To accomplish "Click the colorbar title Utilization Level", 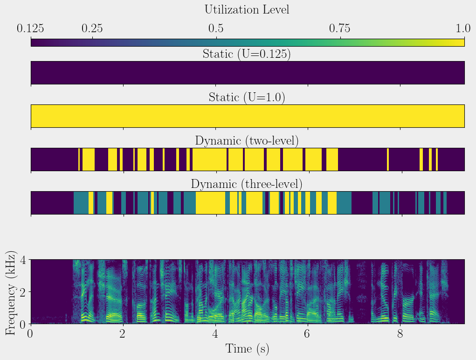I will (247, 9).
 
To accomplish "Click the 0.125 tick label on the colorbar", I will (31, 28).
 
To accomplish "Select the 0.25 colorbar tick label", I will (92, 28).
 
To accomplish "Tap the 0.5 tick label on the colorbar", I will (216, 28).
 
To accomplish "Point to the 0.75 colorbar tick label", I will (340, 28).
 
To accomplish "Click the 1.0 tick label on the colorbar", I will (463, 28).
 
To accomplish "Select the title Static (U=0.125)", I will (247, 54).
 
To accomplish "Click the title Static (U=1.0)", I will (247, 97).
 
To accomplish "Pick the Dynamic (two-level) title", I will (247, 140).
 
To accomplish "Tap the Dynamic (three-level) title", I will (247, 184).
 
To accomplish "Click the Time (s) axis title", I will (247, 349).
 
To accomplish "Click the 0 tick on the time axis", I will (31, 334).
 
